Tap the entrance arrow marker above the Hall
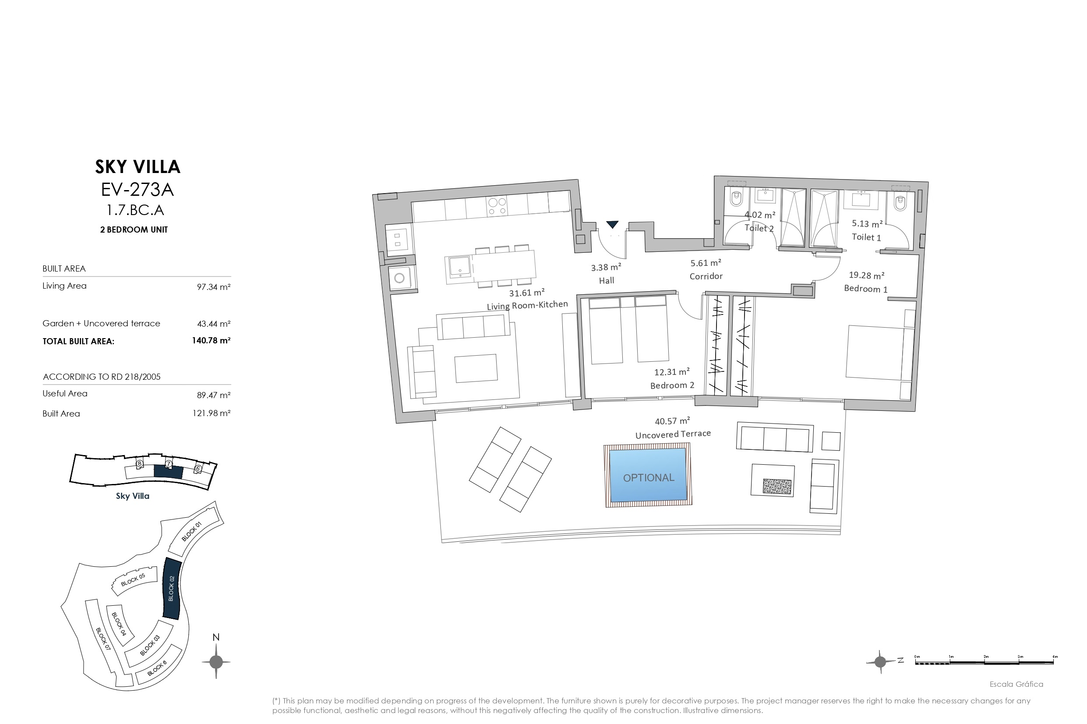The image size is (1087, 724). [612, 224]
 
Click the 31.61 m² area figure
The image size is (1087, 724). [526, 293]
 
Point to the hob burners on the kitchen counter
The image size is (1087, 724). [497, 206]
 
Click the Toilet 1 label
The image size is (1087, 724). [866, 237]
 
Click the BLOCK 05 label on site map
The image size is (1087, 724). [133, 580]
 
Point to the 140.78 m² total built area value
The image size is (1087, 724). [211, 341]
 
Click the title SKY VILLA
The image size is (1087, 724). [138, 167]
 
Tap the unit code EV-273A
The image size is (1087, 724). [137, 189]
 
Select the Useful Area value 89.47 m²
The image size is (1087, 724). [213, 395]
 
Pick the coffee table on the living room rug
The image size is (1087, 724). [476, 368]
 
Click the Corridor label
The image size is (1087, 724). [706, 276]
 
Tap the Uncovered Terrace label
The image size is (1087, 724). [673, 434]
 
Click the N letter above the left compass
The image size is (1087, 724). [215, 637]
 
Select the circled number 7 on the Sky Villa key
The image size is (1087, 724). [169, 463]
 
